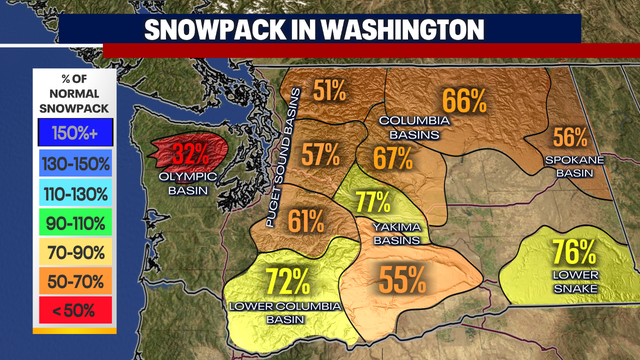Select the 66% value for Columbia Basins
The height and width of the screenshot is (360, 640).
[464, 100]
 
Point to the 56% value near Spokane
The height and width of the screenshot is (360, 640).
[570, 138]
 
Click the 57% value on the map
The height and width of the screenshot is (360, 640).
[321, 155]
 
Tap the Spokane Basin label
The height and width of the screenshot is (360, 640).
[571, 165]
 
